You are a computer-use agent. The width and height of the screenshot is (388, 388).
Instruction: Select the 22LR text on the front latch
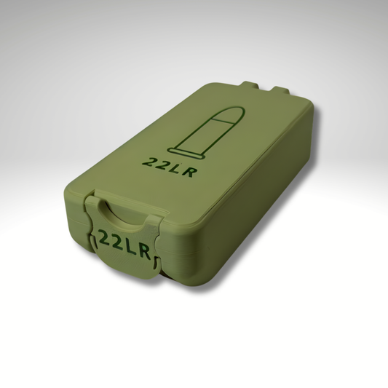click(x=124, y=242)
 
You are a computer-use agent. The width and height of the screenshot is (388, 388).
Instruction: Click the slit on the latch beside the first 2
click(x=93, y=234)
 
